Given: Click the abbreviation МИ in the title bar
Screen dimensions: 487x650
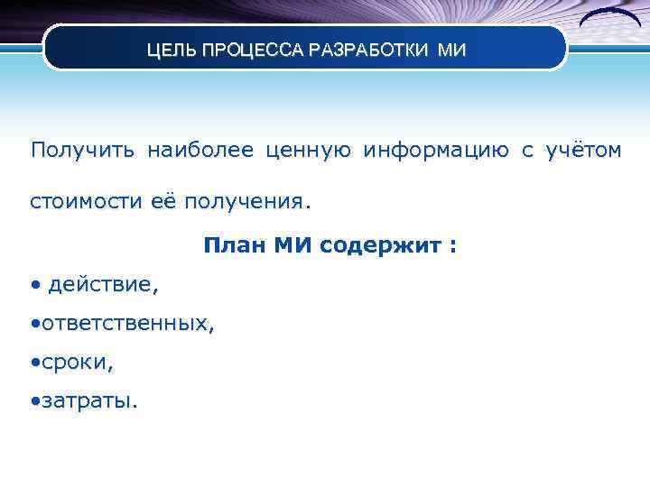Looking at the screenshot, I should point(452,51).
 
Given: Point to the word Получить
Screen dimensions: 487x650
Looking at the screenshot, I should point(82,150).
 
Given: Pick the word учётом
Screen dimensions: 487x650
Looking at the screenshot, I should point(583,150).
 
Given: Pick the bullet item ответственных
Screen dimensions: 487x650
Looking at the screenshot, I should point(126,324).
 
